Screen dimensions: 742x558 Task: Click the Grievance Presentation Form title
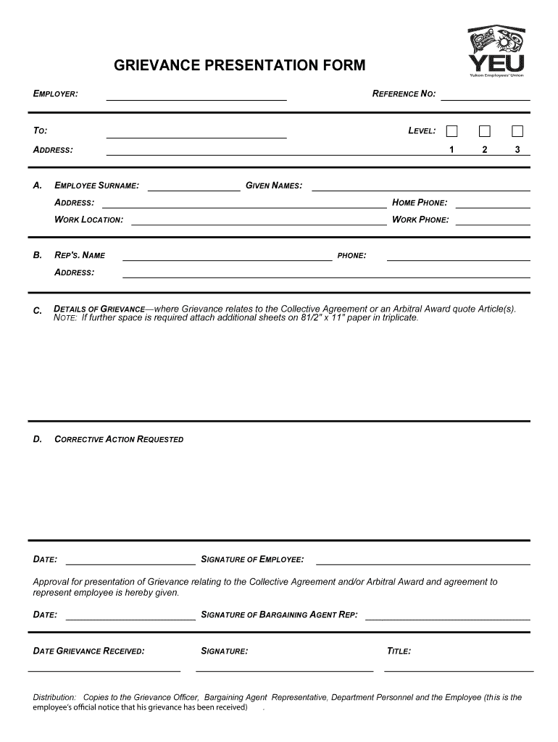(x=240, y=66)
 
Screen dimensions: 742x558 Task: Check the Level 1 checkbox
(x=452, y=131)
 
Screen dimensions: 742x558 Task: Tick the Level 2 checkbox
(x=485, y=131)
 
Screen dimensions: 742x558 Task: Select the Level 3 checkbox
(x=517, y=131)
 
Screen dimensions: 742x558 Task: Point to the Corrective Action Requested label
(x=119, y=440)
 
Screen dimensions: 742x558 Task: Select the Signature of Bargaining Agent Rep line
(x=447, y=617)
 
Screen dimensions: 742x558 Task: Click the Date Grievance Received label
(x=89, y=651)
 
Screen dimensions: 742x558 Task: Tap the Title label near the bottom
(x=399, y=651)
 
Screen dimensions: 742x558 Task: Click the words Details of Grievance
(x=100, y=309)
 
